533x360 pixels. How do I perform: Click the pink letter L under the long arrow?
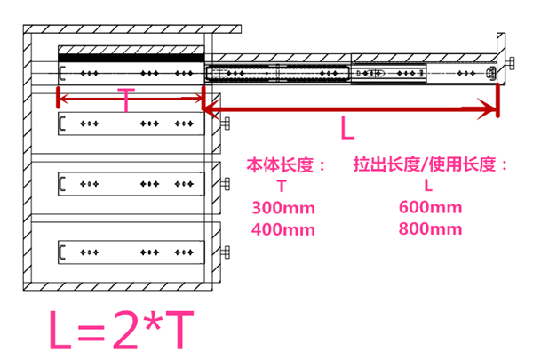coord(347,130)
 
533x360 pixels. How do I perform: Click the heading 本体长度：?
coord(286,166)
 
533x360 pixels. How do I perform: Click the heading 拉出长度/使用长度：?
coord(431,166)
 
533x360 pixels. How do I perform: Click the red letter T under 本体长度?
coord(281,187)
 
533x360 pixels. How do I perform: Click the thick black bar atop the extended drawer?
coord(130,58)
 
